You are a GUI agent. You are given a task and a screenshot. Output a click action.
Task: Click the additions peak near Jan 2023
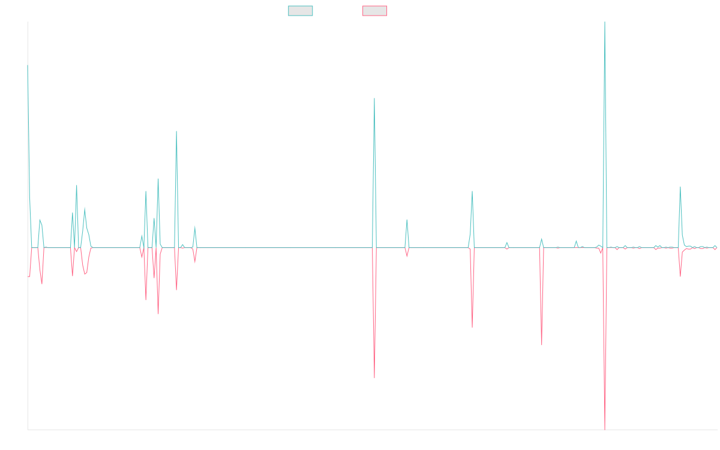point(374,98)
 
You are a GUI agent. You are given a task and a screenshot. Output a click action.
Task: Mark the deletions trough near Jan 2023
point(374,378)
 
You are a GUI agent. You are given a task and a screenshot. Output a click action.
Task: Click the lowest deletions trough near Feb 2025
point(605,430)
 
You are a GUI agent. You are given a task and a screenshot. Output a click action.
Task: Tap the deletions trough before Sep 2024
point(542,345)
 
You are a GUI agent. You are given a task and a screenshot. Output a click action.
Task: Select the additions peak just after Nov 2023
point(472,191)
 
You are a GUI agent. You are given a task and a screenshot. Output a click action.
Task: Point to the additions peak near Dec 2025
point(680,187)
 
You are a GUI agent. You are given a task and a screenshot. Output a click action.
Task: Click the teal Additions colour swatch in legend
point(301,11)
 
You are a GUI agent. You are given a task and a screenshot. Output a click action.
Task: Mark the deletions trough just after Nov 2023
point(472,327)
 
